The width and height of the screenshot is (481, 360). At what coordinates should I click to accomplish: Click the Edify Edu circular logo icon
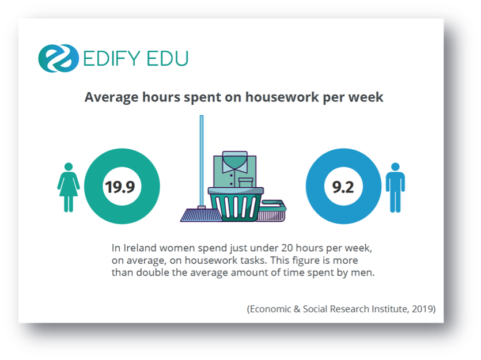pos(58,58)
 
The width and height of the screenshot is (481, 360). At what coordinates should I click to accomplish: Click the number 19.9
pos(120,187)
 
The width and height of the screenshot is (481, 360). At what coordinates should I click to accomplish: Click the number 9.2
pos(343,187)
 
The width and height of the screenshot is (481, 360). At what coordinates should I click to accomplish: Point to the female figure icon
pos(69,187)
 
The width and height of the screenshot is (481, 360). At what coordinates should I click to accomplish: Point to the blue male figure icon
pos(395,187)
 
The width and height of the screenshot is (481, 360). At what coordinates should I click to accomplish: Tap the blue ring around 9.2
pos(315,186)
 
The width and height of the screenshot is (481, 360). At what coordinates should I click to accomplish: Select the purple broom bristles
pos(201,215)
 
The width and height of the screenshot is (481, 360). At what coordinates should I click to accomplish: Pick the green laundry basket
pos(236,204)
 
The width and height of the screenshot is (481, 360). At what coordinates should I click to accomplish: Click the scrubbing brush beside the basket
pos(271,211)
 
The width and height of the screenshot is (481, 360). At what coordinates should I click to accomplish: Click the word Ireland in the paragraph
pos(139,248)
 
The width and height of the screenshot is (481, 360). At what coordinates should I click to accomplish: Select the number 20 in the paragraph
pos(287,248)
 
